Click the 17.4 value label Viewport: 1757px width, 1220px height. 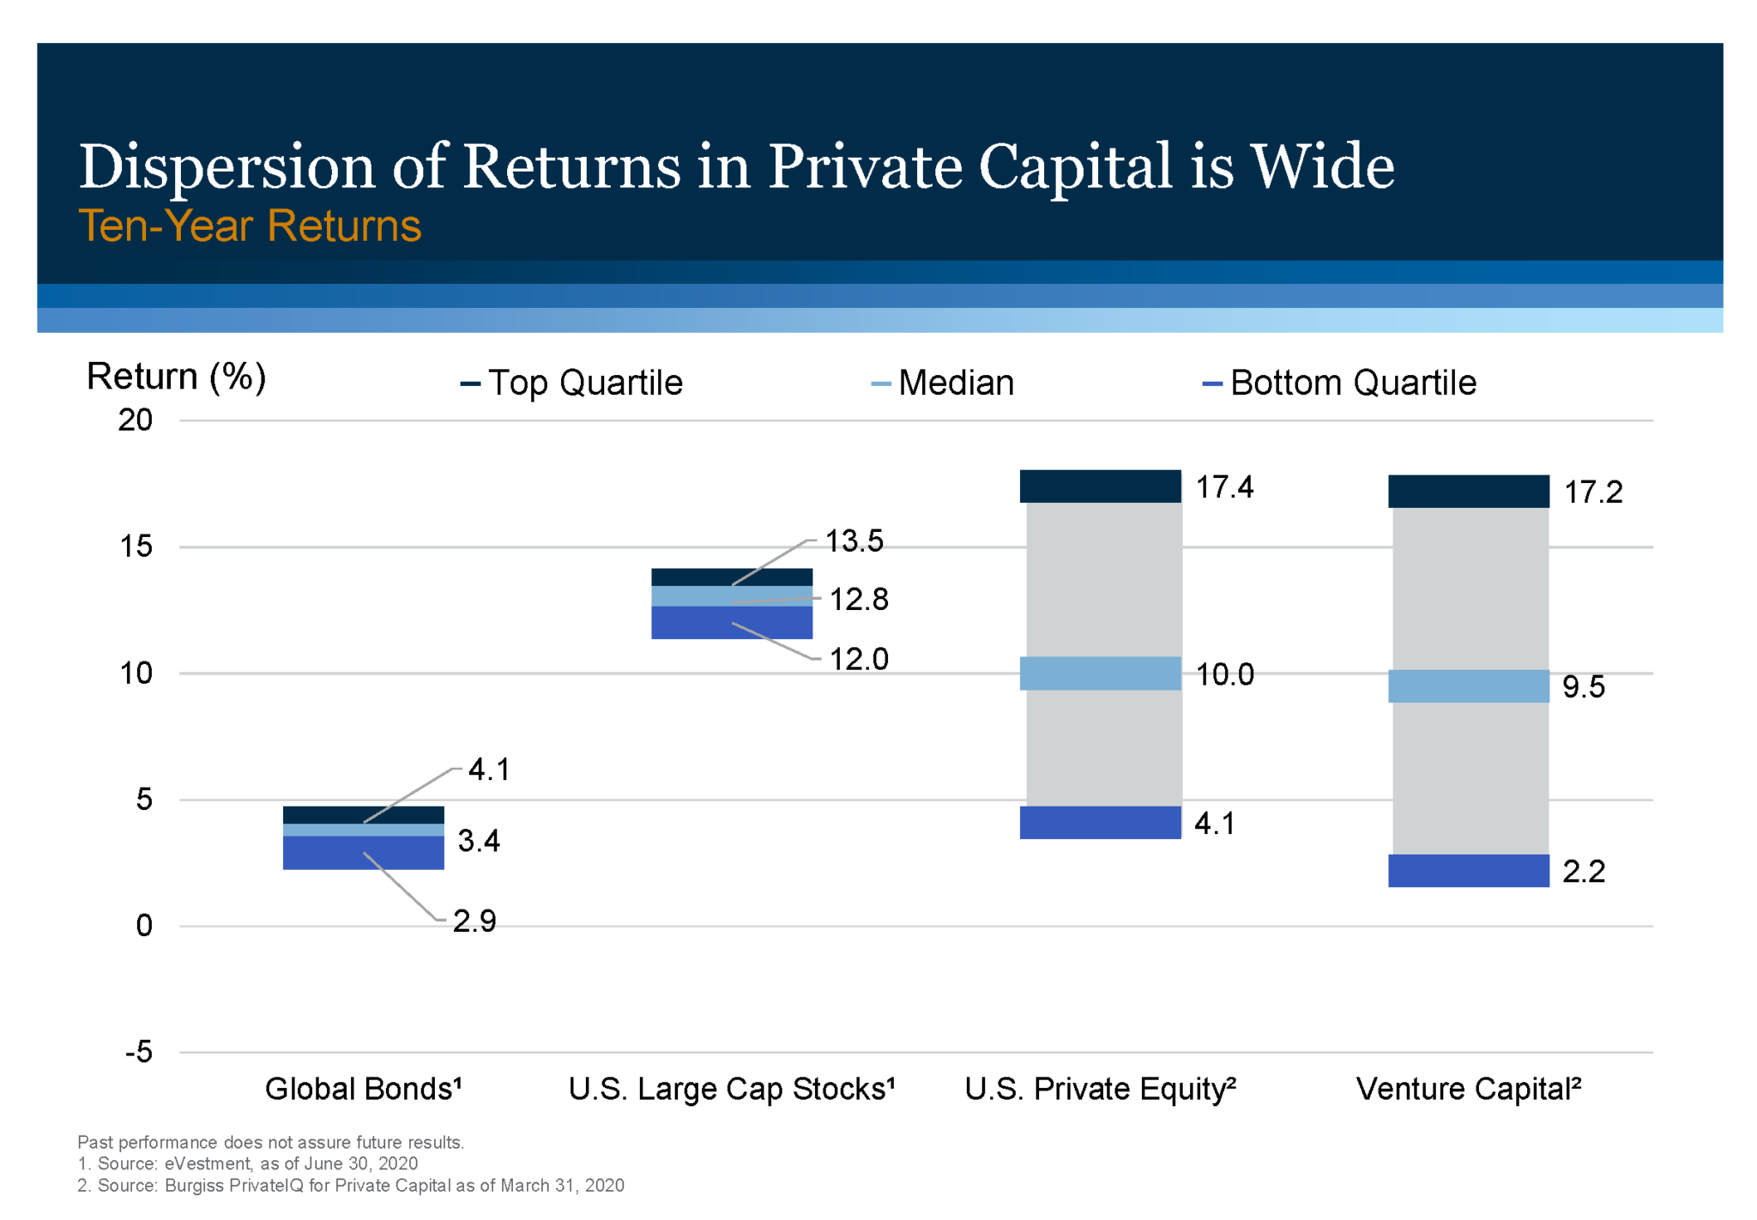1223,487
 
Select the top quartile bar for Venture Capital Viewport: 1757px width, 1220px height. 1468,492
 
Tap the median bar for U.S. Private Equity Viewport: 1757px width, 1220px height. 1100,673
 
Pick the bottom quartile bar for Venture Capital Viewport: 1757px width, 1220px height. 1468,871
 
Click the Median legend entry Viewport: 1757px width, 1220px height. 944,383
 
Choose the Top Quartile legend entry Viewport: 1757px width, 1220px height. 573,383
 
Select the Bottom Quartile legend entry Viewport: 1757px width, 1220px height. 1340,383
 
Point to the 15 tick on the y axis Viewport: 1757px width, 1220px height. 136,547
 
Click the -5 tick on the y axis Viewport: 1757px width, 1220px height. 138,1052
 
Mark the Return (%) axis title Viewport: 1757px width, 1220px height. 176,377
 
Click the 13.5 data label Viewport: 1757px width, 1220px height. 854,541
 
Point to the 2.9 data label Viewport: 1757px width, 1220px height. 474,921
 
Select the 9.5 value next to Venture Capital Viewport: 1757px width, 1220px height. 1583,687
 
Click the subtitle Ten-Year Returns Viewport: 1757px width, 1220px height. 250,226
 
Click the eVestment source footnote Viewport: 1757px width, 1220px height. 248,1163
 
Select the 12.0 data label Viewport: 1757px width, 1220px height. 858,660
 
